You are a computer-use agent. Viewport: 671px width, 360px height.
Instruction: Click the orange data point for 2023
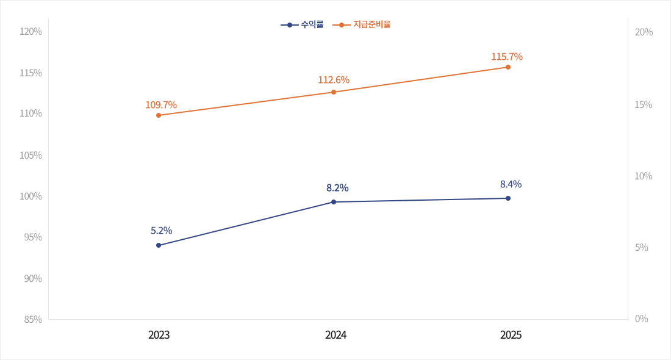pos(159,115)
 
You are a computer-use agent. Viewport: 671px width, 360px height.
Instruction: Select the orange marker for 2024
pos(334,92)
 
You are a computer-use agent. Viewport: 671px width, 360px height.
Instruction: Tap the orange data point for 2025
pos(508,67)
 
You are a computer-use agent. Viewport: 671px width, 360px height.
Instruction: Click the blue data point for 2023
pos(159,245)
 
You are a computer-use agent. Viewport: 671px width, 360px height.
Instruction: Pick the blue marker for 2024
pos(334,202)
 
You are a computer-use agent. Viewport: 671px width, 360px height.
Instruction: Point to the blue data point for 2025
pos(508,198)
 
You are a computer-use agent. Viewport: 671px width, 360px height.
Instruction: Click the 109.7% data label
pos(161,105)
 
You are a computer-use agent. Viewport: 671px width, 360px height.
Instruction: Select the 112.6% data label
pos(334,80)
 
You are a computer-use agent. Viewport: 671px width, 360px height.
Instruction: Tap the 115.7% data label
pos(507,57)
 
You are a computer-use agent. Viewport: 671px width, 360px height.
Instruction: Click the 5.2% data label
pos(162,231)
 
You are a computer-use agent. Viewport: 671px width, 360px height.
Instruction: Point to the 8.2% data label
pos(337,188)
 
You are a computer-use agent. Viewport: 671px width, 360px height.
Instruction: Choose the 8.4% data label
pos(511,184)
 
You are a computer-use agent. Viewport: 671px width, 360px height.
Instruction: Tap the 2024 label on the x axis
pos(336,335)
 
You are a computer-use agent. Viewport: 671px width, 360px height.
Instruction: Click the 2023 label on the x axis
pos(159,335)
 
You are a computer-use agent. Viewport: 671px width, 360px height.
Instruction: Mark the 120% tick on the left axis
pos(30,32)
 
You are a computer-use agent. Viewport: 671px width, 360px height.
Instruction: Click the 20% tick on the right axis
pos(644,32)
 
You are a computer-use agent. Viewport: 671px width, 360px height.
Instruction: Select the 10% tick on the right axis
pos(644,176)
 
